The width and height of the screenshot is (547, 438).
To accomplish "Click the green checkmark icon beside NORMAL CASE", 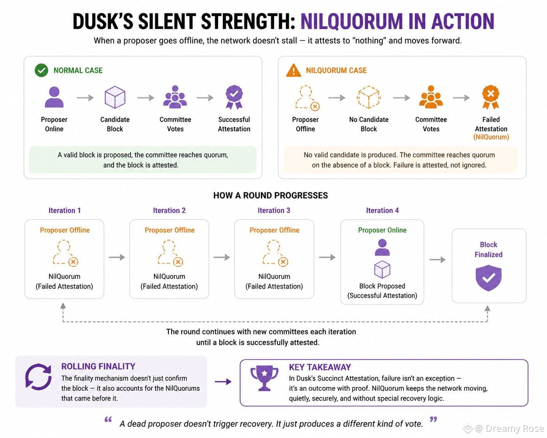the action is tap(41, 70).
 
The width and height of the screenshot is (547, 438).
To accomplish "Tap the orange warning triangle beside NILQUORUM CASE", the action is tap(293, 70).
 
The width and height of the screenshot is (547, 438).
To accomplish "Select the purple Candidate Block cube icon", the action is tap(115, 97).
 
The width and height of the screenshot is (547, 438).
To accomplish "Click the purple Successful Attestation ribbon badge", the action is tap(234, 97).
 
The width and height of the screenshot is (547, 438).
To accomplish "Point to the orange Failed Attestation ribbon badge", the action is tap(491, 97).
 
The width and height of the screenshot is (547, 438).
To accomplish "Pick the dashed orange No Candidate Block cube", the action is tap(369, 97).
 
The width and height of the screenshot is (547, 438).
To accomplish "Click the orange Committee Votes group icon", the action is tap(431, 97).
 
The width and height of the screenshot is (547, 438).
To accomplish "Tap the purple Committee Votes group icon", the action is tap(175, 97).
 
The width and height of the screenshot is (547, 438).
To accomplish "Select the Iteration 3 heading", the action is tap(274, 210).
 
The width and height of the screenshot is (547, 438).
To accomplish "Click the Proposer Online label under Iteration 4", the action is tap(382, 230).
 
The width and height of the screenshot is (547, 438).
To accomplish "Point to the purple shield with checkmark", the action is tap(488, 278).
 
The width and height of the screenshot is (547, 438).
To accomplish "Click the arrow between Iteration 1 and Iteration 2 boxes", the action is tap(117, 257).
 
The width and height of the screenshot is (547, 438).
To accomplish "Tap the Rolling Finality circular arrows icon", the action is tap(38, 377).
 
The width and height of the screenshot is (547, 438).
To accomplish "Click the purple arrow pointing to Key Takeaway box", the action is tap(223, 381).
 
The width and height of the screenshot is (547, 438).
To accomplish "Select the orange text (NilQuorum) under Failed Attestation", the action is tap(491, 137).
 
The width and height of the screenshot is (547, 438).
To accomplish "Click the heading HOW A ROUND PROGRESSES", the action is tap(270, 195).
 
